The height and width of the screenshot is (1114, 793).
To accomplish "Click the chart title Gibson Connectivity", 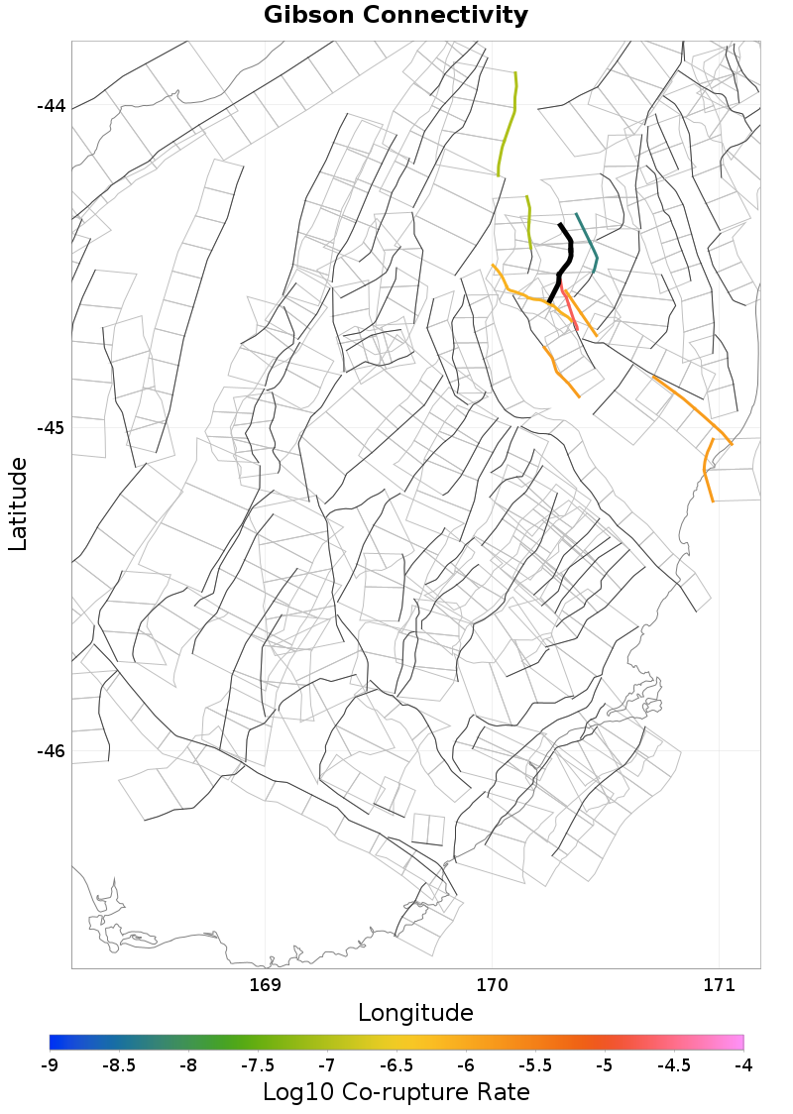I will pos(396,16).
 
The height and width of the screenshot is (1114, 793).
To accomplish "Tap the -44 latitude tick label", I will pos(51,106).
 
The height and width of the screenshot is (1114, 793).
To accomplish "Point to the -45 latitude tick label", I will pos(51,428).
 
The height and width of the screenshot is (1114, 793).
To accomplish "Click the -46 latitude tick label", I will pos(51,750).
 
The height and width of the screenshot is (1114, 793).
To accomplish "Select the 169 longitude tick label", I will pos(266,985).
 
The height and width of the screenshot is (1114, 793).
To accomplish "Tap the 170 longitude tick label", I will pos(492,985).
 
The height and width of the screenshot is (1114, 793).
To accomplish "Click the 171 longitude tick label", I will pos(718,985).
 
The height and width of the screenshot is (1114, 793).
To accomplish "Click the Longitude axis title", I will pos(414,1013).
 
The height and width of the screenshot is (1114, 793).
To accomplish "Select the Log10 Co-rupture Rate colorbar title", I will pos(396,1092).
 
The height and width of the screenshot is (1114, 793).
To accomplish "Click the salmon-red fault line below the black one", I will pos(568,303).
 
